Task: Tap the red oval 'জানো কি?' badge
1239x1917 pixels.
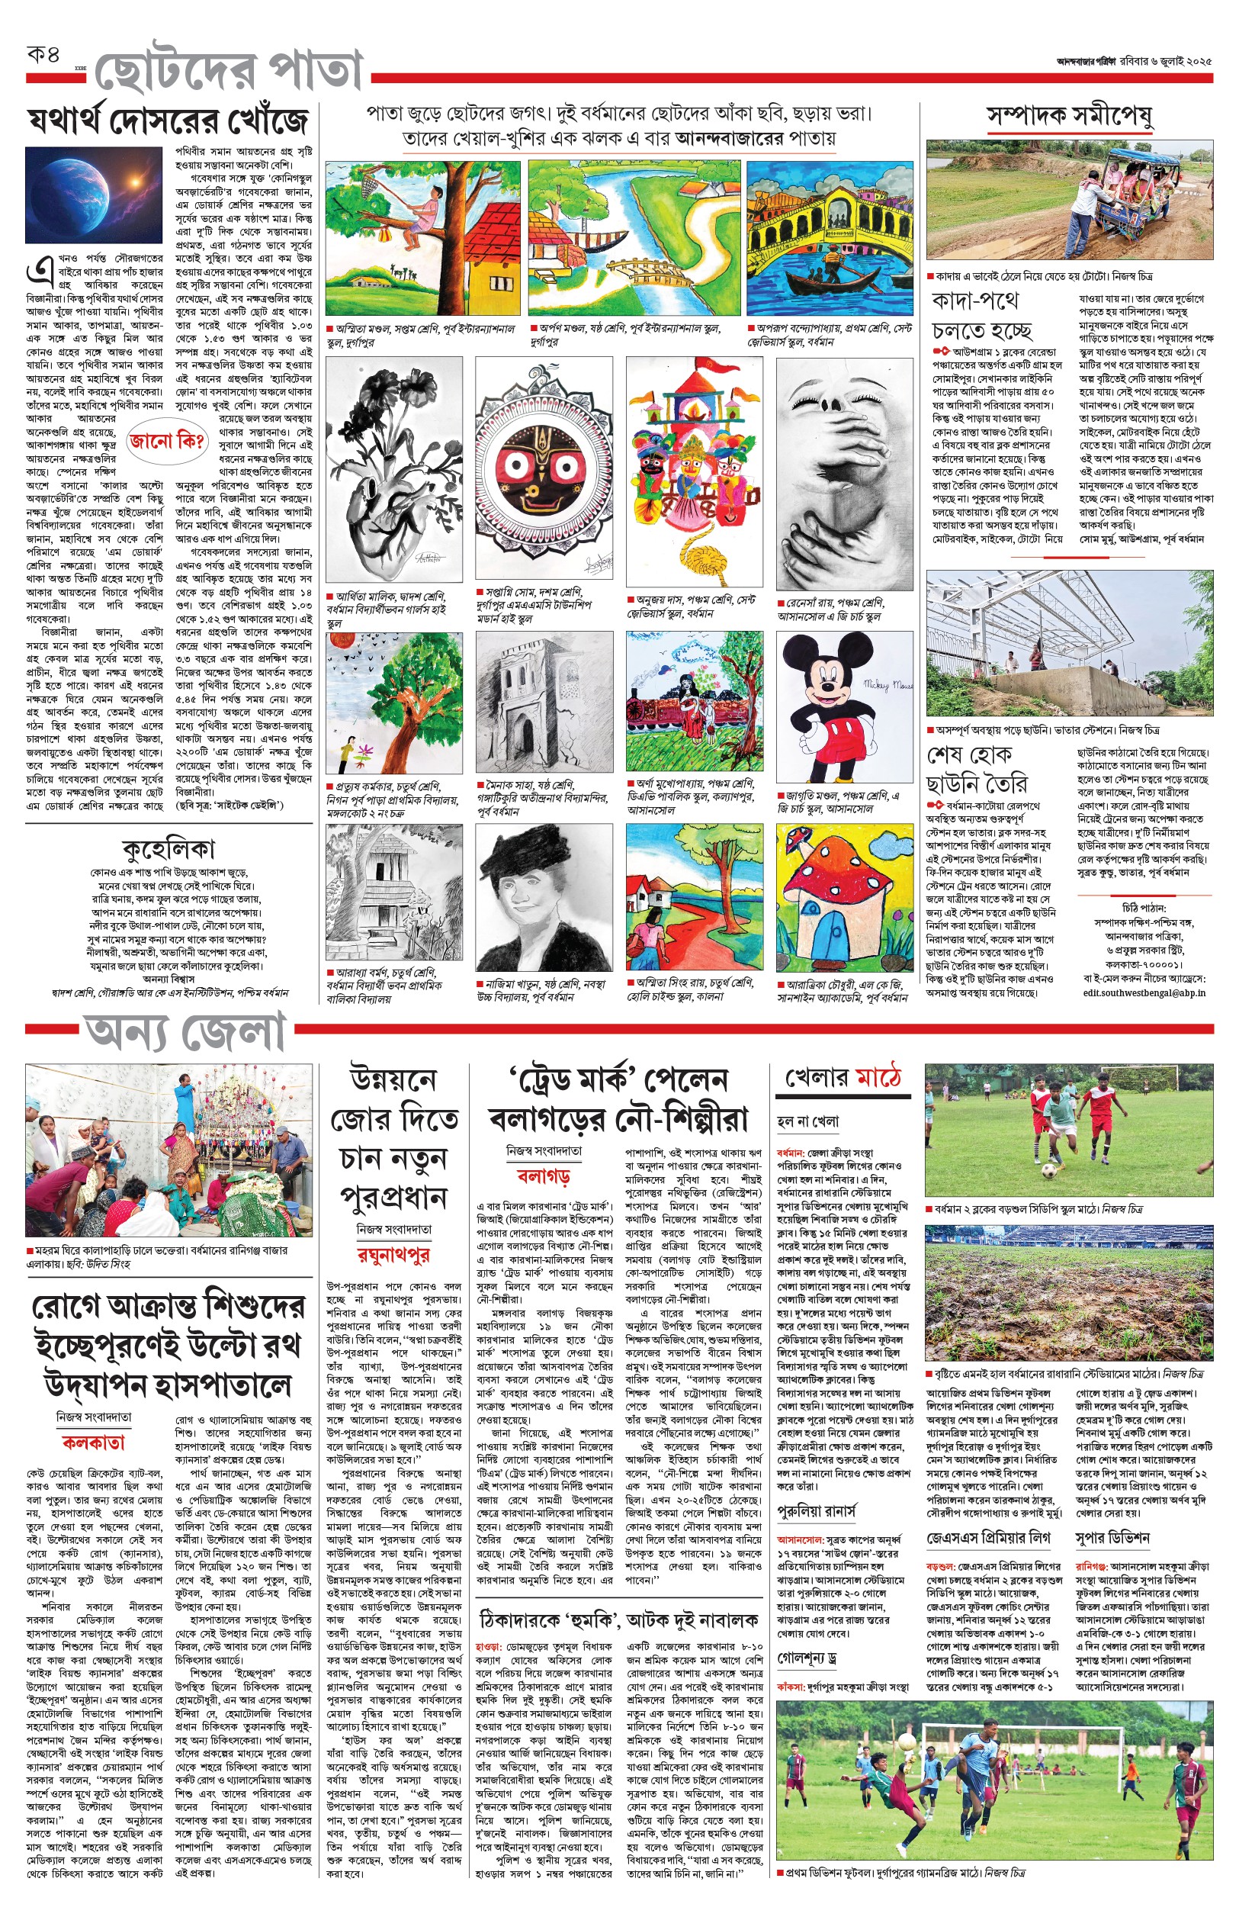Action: tap(166, 440)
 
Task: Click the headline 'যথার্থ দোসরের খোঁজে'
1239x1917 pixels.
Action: tap(167, 122)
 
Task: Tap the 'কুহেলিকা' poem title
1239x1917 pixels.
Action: tap(169, 848)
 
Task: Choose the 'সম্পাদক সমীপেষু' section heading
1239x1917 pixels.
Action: tap(1070, 117)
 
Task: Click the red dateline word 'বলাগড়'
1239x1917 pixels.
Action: tap(543, 1176)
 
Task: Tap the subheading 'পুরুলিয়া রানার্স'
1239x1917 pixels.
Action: tap(817, 1510)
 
